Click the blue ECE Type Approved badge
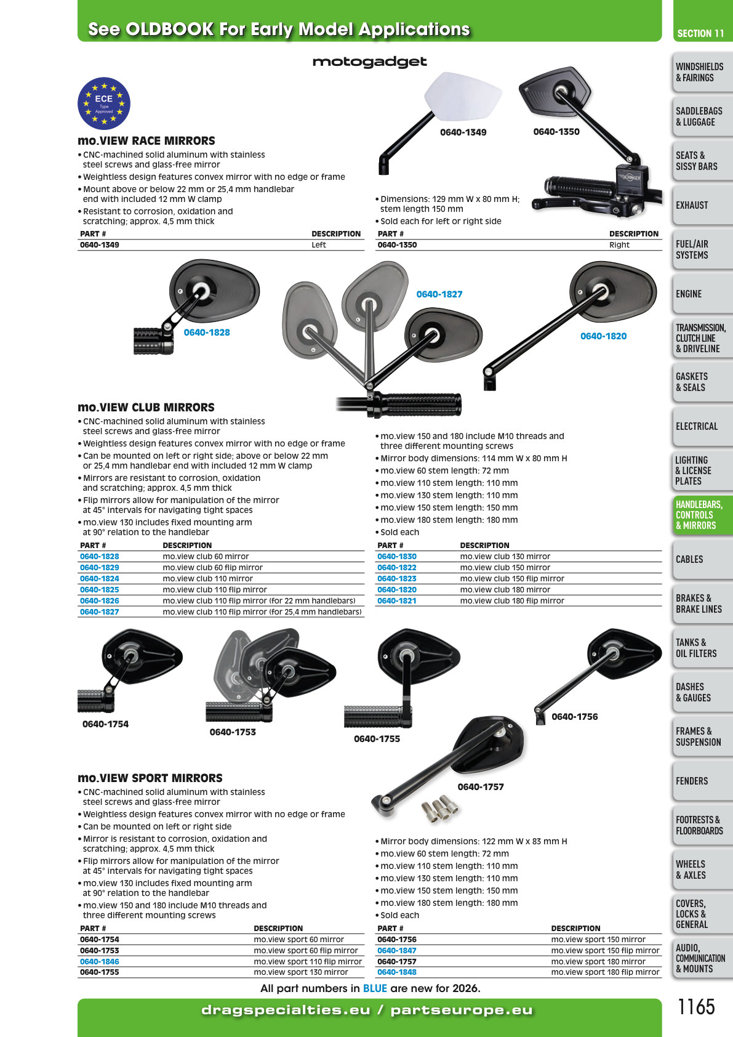pyautogui.click(x=103, y=103)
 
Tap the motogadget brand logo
pyautogui.click(x=369, y=62)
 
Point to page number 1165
pyautogui.click(x=696, y=1007)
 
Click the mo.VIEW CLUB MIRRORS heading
pyautogui.click(x=146, y=408)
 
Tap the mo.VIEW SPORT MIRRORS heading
pyautogui.click(x=150, y=778)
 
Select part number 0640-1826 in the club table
pyautogui.click(x=100, y=600)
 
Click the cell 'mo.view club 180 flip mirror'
pyautogui.click(x=512, y=600)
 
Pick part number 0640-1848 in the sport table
pyautogui.click(x=396, y=972)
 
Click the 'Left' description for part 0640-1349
pyautogui.click(x=318, y=245)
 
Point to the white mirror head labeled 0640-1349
pyautogui.click(x=462, y=96)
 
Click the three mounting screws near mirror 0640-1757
pyautogui.click(x=439, y=808)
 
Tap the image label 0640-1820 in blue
pyautogui.click(x=603, y=336)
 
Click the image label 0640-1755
pyautogui.click(x=377, y=739)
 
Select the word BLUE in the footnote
pyautogui.click(x=375, y=988)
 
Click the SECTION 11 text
pyautogui.click(x=700, y=33)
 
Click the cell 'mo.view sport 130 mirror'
pyautogui.click(x=300, y=972)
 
